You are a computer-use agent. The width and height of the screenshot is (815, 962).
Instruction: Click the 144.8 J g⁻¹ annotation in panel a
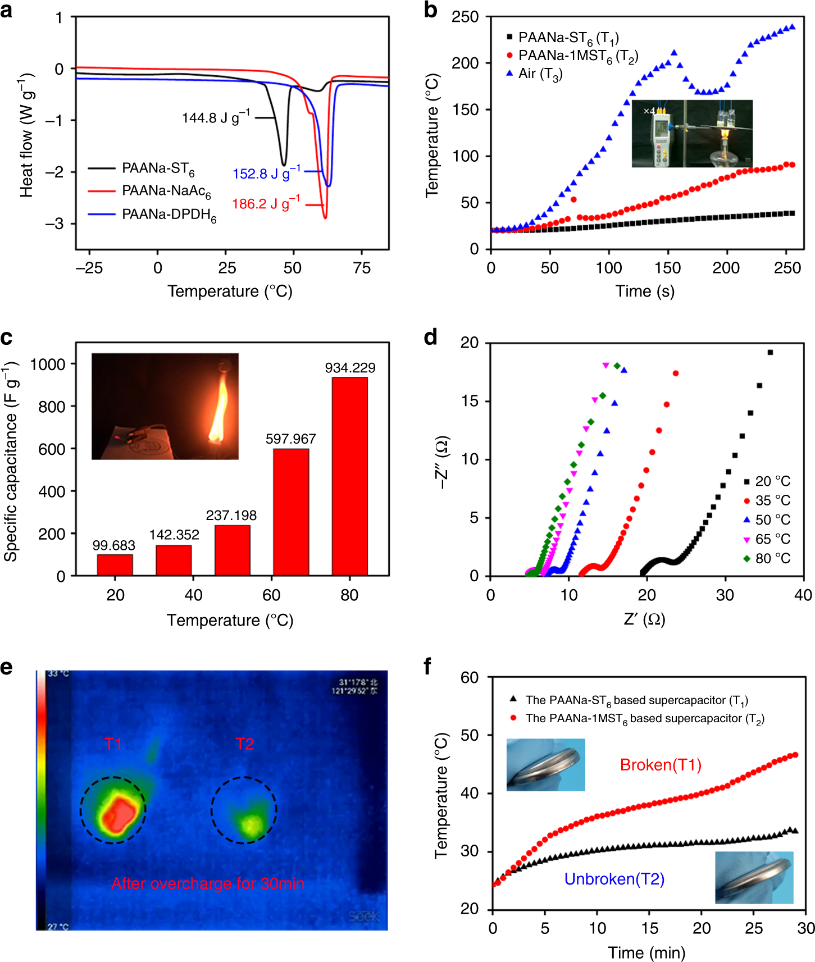[x=216, y=118]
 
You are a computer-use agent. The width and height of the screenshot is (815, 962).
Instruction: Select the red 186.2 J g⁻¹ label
[x=266, y=203]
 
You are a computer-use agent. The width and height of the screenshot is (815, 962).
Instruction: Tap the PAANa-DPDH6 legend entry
[x=169, y=215]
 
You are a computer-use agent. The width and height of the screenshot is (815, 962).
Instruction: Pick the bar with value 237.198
[x=232, y=550]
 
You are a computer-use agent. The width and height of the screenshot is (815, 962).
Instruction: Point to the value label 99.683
[x=114, y=546]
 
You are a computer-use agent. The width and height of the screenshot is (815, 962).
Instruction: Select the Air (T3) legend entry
[x=539, y=74]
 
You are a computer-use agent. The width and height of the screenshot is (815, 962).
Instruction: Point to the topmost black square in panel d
[x=770, y=353]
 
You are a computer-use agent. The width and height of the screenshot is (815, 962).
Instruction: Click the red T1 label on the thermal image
[x=113, y=744]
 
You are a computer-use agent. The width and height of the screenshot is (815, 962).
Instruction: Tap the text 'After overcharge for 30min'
[x=208, y=883]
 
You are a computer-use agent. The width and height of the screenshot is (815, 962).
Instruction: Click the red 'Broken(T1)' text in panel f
[x=661, y=765]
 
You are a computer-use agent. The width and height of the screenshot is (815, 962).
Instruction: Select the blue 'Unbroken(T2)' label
[x=614, y=879]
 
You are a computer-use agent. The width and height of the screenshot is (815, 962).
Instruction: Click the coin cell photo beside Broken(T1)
[x=545, y=764]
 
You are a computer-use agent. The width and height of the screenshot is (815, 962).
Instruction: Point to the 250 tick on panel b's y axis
[x=465, y=17]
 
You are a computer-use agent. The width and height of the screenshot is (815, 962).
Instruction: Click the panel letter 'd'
[x=430, y=338]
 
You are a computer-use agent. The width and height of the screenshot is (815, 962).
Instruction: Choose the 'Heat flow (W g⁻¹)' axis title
[x=26, y=135]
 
